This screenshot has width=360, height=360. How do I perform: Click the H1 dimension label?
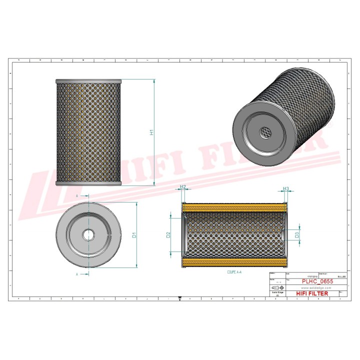[150, 132]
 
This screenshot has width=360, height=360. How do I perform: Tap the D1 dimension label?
[134, 235]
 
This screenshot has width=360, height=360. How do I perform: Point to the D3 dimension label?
[297, 234]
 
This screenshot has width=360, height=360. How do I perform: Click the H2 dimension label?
[183, 186]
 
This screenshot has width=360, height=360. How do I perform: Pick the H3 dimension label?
[286, 188]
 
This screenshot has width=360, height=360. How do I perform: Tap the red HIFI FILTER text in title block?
[312, 293]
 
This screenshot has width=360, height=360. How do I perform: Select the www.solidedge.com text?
[310, 288]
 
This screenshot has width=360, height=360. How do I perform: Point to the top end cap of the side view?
[88, 80]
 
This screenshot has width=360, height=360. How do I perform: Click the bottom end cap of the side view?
[88, 183]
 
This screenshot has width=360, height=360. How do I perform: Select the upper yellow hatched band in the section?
[235, 207]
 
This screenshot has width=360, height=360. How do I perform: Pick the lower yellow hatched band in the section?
[235, 262]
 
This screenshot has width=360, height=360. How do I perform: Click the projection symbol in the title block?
[276, 288]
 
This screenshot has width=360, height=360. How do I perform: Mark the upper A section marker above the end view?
[77, 196]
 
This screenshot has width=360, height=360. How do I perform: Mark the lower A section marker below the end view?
[77, 274]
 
